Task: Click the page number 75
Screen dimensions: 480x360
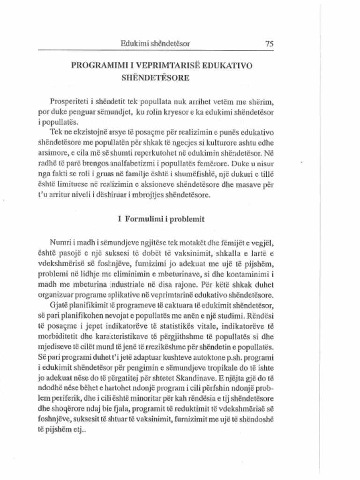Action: pos(269,44)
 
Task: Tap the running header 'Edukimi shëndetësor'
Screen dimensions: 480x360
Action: pos(155,44)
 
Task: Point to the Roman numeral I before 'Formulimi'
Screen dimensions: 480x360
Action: pos(120,219)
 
